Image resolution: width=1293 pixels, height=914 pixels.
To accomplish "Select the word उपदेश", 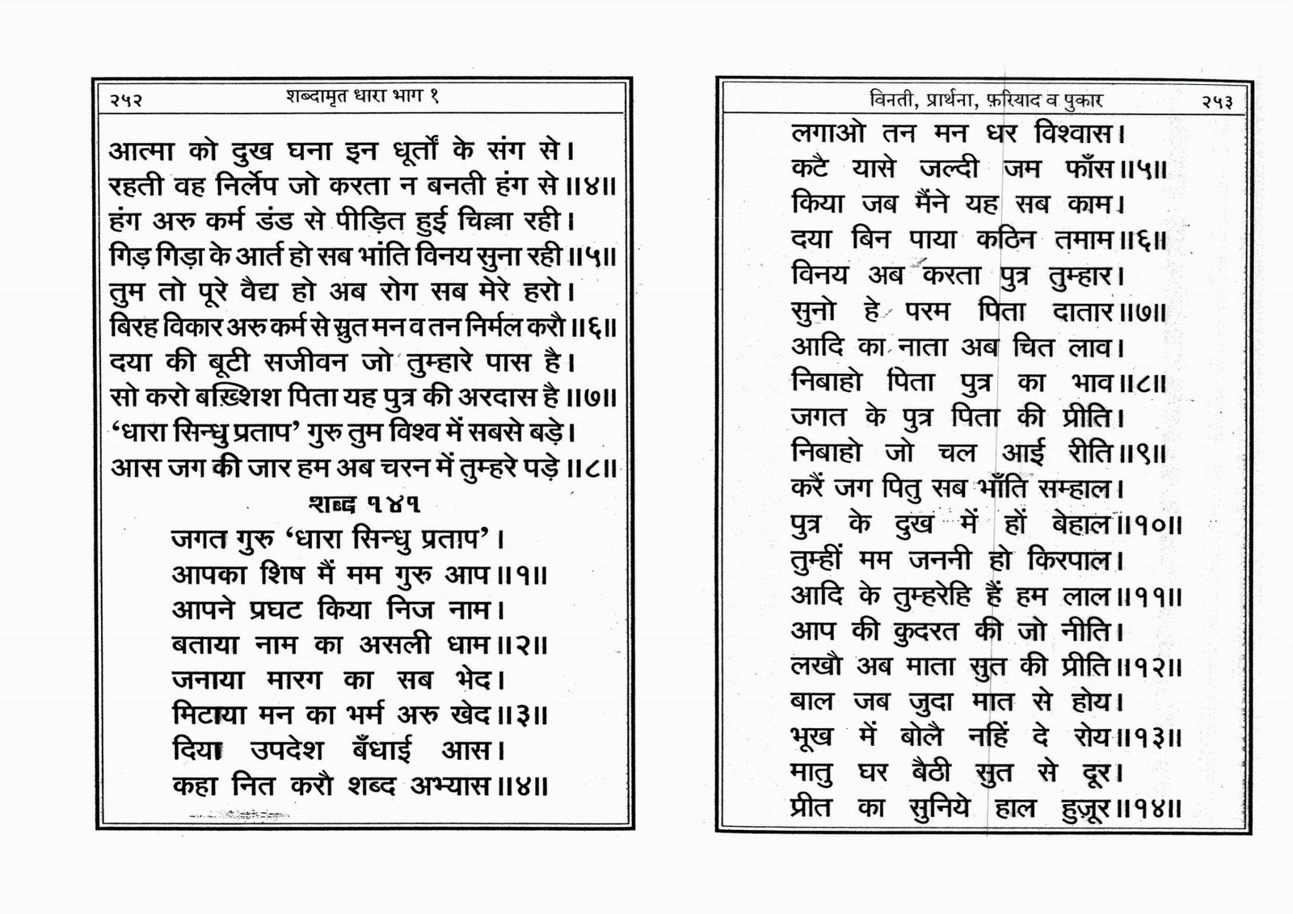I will coord(287,751).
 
